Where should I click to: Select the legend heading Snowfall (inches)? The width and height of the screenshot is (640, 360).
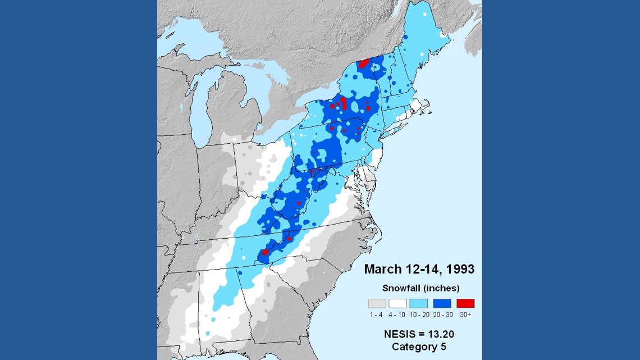(x=421, y=288)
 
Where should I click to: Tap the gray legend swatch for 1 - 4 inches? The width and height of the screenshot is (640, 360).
(x=377, y=303)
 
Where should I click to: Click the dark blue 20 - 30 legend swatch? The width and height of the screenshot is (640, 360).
(x=443, y=303)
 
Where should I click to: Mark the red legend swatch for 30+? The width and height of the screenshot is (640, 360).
(x=465, y=303)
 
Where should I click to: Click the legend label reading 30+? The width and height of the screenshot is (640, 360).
(x=465, y=315)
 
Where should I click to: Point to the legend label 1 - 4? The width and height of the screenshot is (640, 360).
(x=377, y=315)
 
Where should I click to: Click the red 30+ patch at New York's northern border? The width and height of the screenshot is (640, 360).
(x=364, y=63)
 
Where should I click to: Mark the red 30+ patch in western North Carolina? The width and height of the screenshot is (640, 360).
(x=265, y=253)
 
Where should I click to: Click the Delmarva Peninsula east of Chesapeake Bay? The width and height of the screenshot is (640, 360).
(x=368, y=180)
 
